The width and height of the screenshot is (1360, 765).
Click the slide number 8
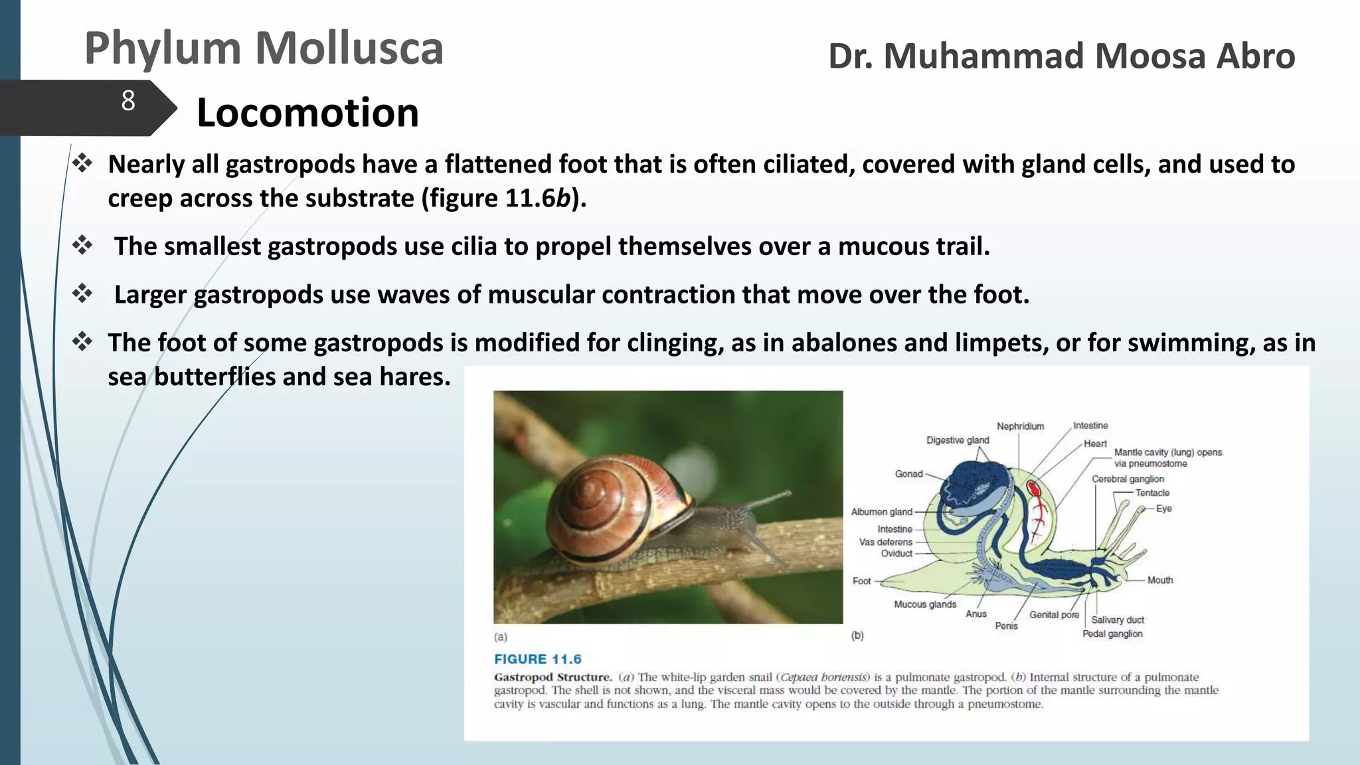(128, 101)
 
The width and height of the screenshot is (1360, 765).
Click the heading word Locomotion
(307, 112)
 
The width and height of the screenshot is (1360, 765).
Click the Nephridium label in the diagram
(1020, 426)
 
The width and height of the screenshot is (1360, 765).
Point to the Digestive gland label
(958, 440)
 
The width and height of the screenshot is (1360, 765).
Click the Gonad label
(908, 474)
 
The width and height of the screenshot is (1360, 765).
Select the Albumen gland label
(882, 512)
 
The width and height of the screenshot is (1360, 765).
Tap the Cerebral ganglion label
(1128, 479)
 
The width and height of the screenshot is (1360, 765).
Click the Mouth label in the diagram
(1160, 580)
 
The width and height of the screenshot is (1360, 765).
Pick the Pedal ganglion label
(1112, 634)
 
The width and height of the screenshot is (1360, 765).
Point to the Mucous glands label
(925, 604)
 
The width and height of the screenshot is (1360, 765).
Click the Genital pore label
(1054, 615)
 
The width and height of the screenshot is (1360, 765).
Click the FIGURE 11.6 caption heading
(537, 659)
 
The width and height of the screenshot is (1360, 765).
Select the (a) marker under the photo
(501, 637)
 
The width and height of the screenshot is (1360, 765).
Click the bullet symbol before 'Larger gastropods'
(82, 294)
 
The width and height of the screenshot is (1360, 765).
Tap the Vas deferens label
(885, 542)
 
